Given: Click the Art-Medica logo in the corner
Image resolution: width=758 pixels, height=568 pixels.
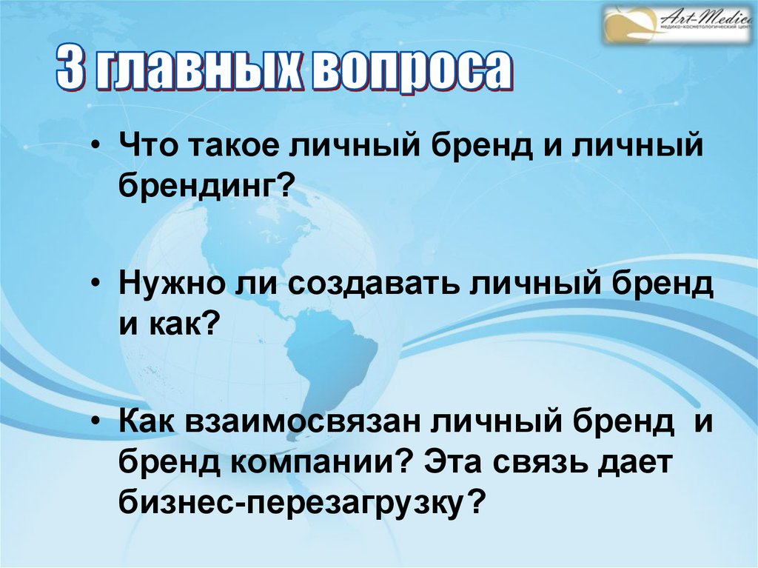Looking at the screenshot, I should (677, 24).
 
